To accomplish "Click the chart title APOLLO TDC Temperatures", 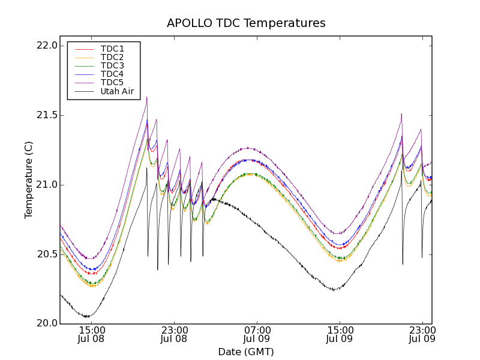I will (246, 23).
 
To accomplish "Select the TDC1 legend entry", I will (112, 49).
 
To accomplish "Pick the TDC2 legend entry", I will (112, 57).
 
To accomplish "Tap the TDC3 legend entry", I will (112, 65).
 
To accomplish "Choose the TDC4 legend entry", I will (112, 74).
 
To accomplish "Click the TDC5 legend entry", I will (112, 82).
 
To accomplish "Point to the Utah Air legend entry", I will (117, 92).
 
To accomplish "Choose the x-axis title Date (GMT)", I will (246, 352).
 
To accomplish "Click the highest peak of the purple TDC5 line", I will (146, 97).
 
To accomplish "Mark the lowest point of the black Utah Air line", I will (87, 317).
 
